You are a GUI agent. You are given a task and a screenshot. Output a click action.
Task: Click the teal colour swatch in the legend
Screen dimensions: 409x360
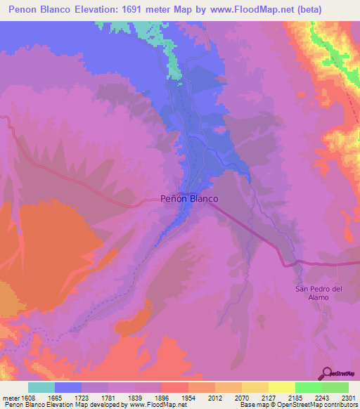[x=41, y=387]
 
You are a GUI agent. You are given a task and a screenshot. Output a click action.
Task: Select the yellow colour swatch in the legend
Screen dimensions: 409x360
[x=282, y=387]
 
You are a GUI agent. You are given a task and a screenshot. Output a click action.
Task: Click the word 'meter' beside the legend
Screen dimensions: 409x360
[x=10, y=398]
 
